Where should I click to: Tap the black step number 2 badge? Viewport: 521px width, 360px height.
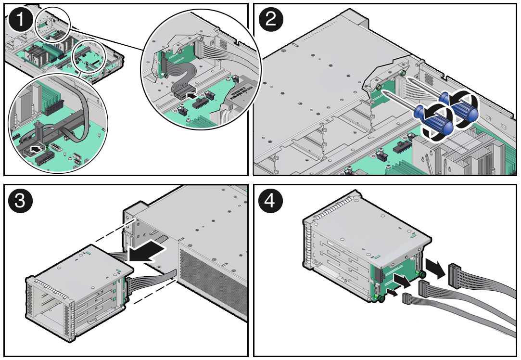(271, 20)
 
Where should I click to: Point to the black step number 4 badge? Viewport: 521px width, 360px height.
(271, 200)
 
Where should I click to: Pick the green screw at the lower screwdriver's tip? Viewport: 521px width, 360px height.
(379, 88)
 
